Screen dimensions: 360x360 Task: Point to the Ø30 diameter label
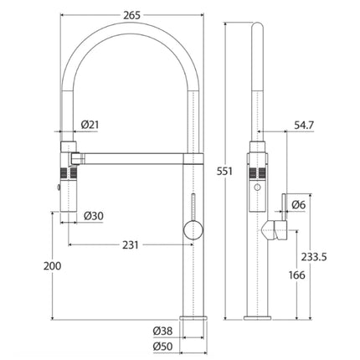click(x=93, y=217)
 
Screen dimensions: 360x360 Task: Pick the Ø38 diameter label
click(x=162, y=329)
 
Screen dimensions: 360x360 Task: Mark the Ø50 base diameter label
click(x=162, y=345)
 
